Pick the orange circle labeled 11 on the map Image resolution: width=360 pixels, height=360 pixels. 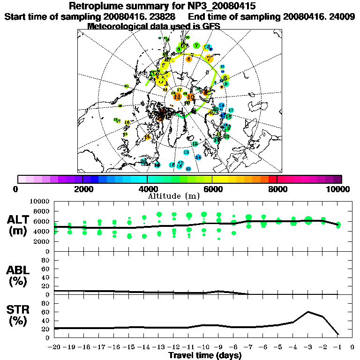177,97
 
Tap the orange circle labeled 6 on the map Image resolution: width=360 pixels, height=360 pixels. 188,59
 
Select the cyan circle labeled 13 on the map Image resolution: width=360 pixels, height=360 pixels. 186,152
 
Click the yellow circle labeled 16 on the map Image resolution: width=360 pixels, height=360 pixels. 127,122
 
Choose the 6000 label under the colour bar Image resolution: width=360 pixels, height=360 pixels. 212,189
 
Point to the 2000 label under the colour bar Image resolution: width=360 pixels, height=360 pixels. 82,189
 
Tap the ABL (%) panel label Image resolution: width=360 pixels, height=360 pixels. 20,275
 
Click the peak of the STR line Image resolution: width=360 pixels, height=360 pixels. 308,312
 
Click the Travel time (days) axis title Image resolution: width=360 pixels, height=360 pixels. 205,356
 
